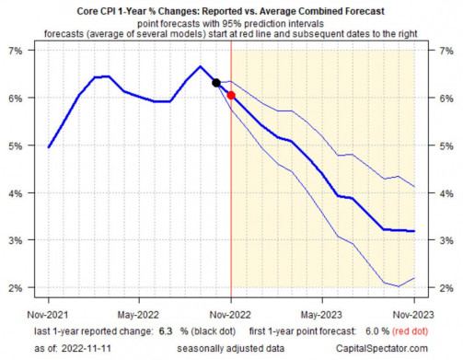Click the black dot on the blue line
click(x=216, y=83)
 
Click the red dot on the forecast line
click(x=231, y=95)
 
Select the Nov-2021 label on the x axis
click(x=48, y=315)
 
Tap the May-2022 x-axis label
click(x=138, y=315)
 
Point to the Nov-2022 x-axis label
click(x=230, y=315)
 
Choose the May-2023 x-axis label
click(x=321, y=315)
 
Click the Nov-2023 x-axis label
click(x=413, y=315)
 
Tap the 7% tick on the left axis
click(x=16, y=51)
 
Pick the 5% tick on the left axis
click(x=16, y=145)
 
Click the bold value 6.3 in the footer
click(x=166, y=331)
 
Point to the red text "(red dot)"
click(x=410, y=331)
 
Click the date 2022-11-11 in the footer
click(x=87, y=348)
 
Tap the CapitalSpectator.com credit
click(x=382, y=348)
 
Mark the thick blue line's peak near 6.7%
click(x=200, y=66)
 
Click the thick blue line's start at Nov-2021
click(x=49, y=147)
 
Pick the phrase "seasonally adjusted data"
click(x=231, y=348)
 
